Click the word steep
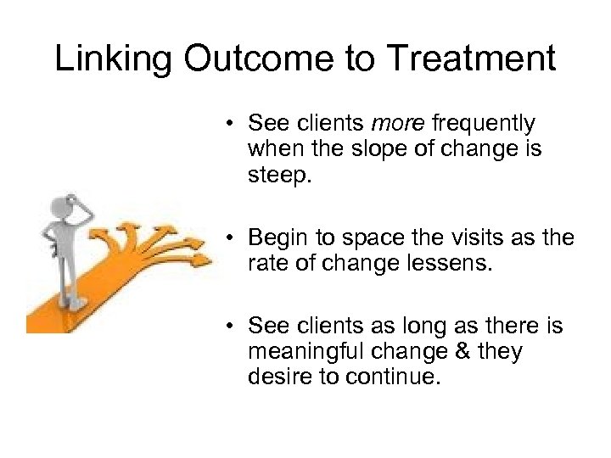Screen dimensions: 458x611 (x=277, y=176)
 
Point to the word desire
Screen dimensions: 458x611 (x=276, y=376)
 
